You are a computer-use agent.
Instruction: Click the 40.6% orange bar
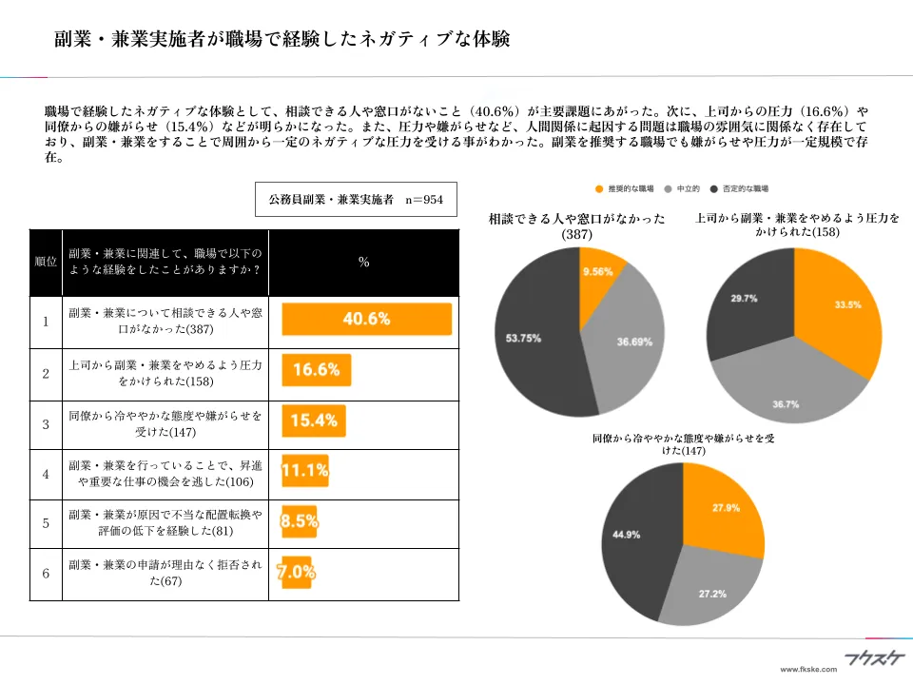click(x=366, y=320)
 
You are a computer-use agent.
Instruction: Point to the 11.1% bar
click(x=305, y=470)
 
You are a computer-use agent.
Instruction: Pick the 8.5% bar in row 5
click(x=300, y=520)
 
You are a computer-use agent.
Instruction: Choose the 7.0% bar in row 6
click(x=296, y=572)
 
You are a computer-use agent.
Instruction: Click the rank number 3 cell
click(x=46, y=423)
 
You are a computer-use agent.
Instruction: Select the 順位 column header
click(x=46, y=262)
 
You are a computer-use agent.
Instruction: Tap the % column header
click(x=363, y=262)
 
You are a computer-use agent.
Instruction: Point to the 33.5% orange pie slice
click(x=837, y=309)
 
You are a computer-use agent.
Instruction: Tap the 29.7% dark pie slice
click(x=751, y=300)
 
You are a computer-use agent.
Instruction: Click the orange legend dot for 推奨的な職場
click(x=598, y=189)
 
